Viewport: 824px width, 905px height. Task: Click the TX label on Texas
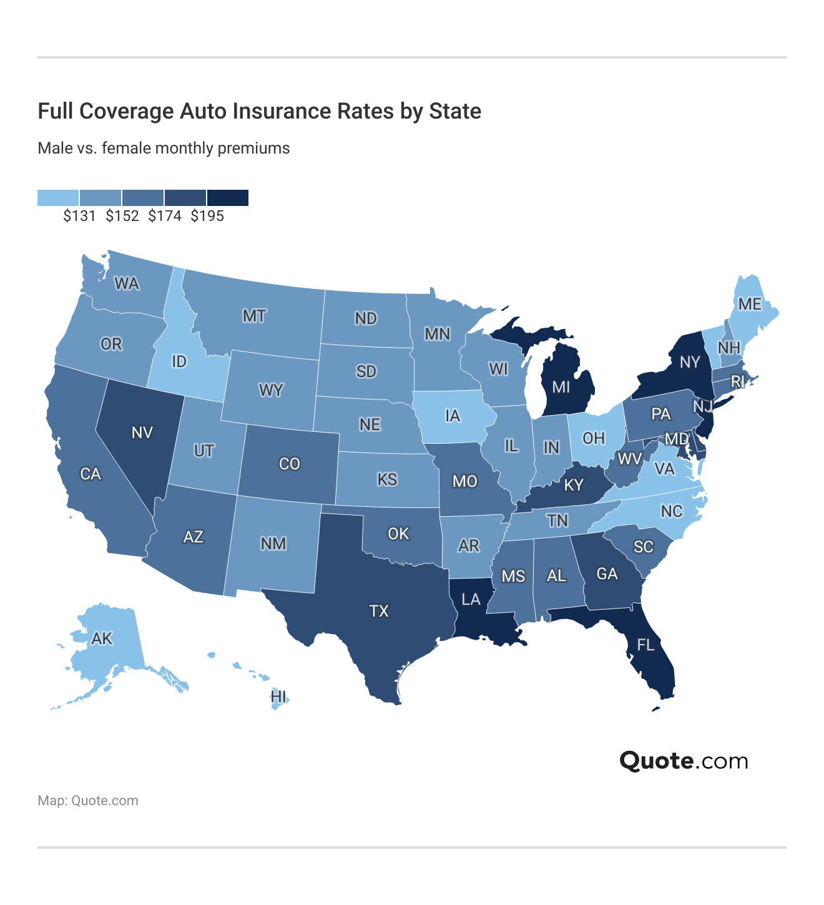379,610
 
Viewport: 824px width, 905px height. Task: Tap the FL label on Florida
645,644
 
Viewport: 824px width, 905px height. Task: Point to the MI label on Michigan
561,387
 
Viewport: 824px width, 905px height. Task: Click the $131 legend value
79,216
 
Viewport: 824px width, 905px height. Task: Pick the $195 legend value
207,216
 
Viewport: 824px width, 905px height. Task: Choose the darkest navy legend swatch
228,198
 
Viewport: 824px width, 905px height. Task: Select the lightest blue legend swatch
58,198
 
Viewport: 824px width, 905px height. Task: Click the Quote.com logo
684,761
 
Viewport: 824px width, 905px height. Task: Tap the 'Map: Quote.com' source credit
88,801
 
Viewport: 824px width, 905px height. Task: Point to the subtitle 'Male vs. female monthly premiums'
164,148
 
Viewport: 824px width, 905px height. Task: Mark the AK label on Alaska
102,638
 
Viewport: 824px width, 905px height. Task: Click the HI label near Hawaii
278,697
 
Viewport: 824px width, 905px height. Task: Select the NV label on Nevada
142,433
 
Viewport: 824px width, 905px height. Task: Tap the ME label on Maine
750,304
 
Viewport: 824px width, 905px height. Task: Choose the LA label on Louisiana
471,599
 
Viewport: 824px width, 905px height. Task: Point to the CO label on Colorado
290,464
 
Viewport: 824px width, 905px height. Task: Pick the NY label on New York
690,362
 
